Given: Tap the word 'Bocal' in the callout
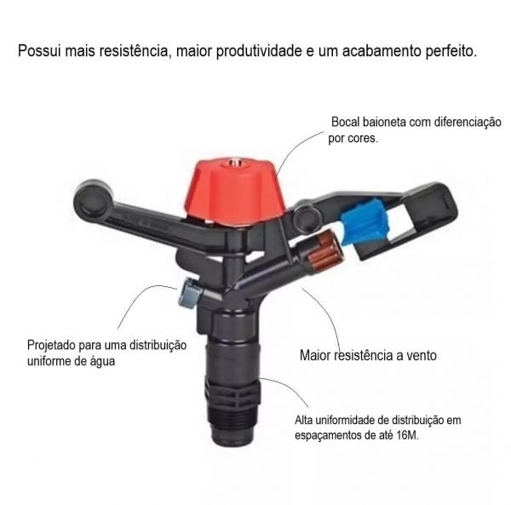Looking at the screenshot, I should coord(347,122).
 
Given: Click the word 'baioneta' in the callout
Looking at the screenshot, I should coord(388,122).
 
